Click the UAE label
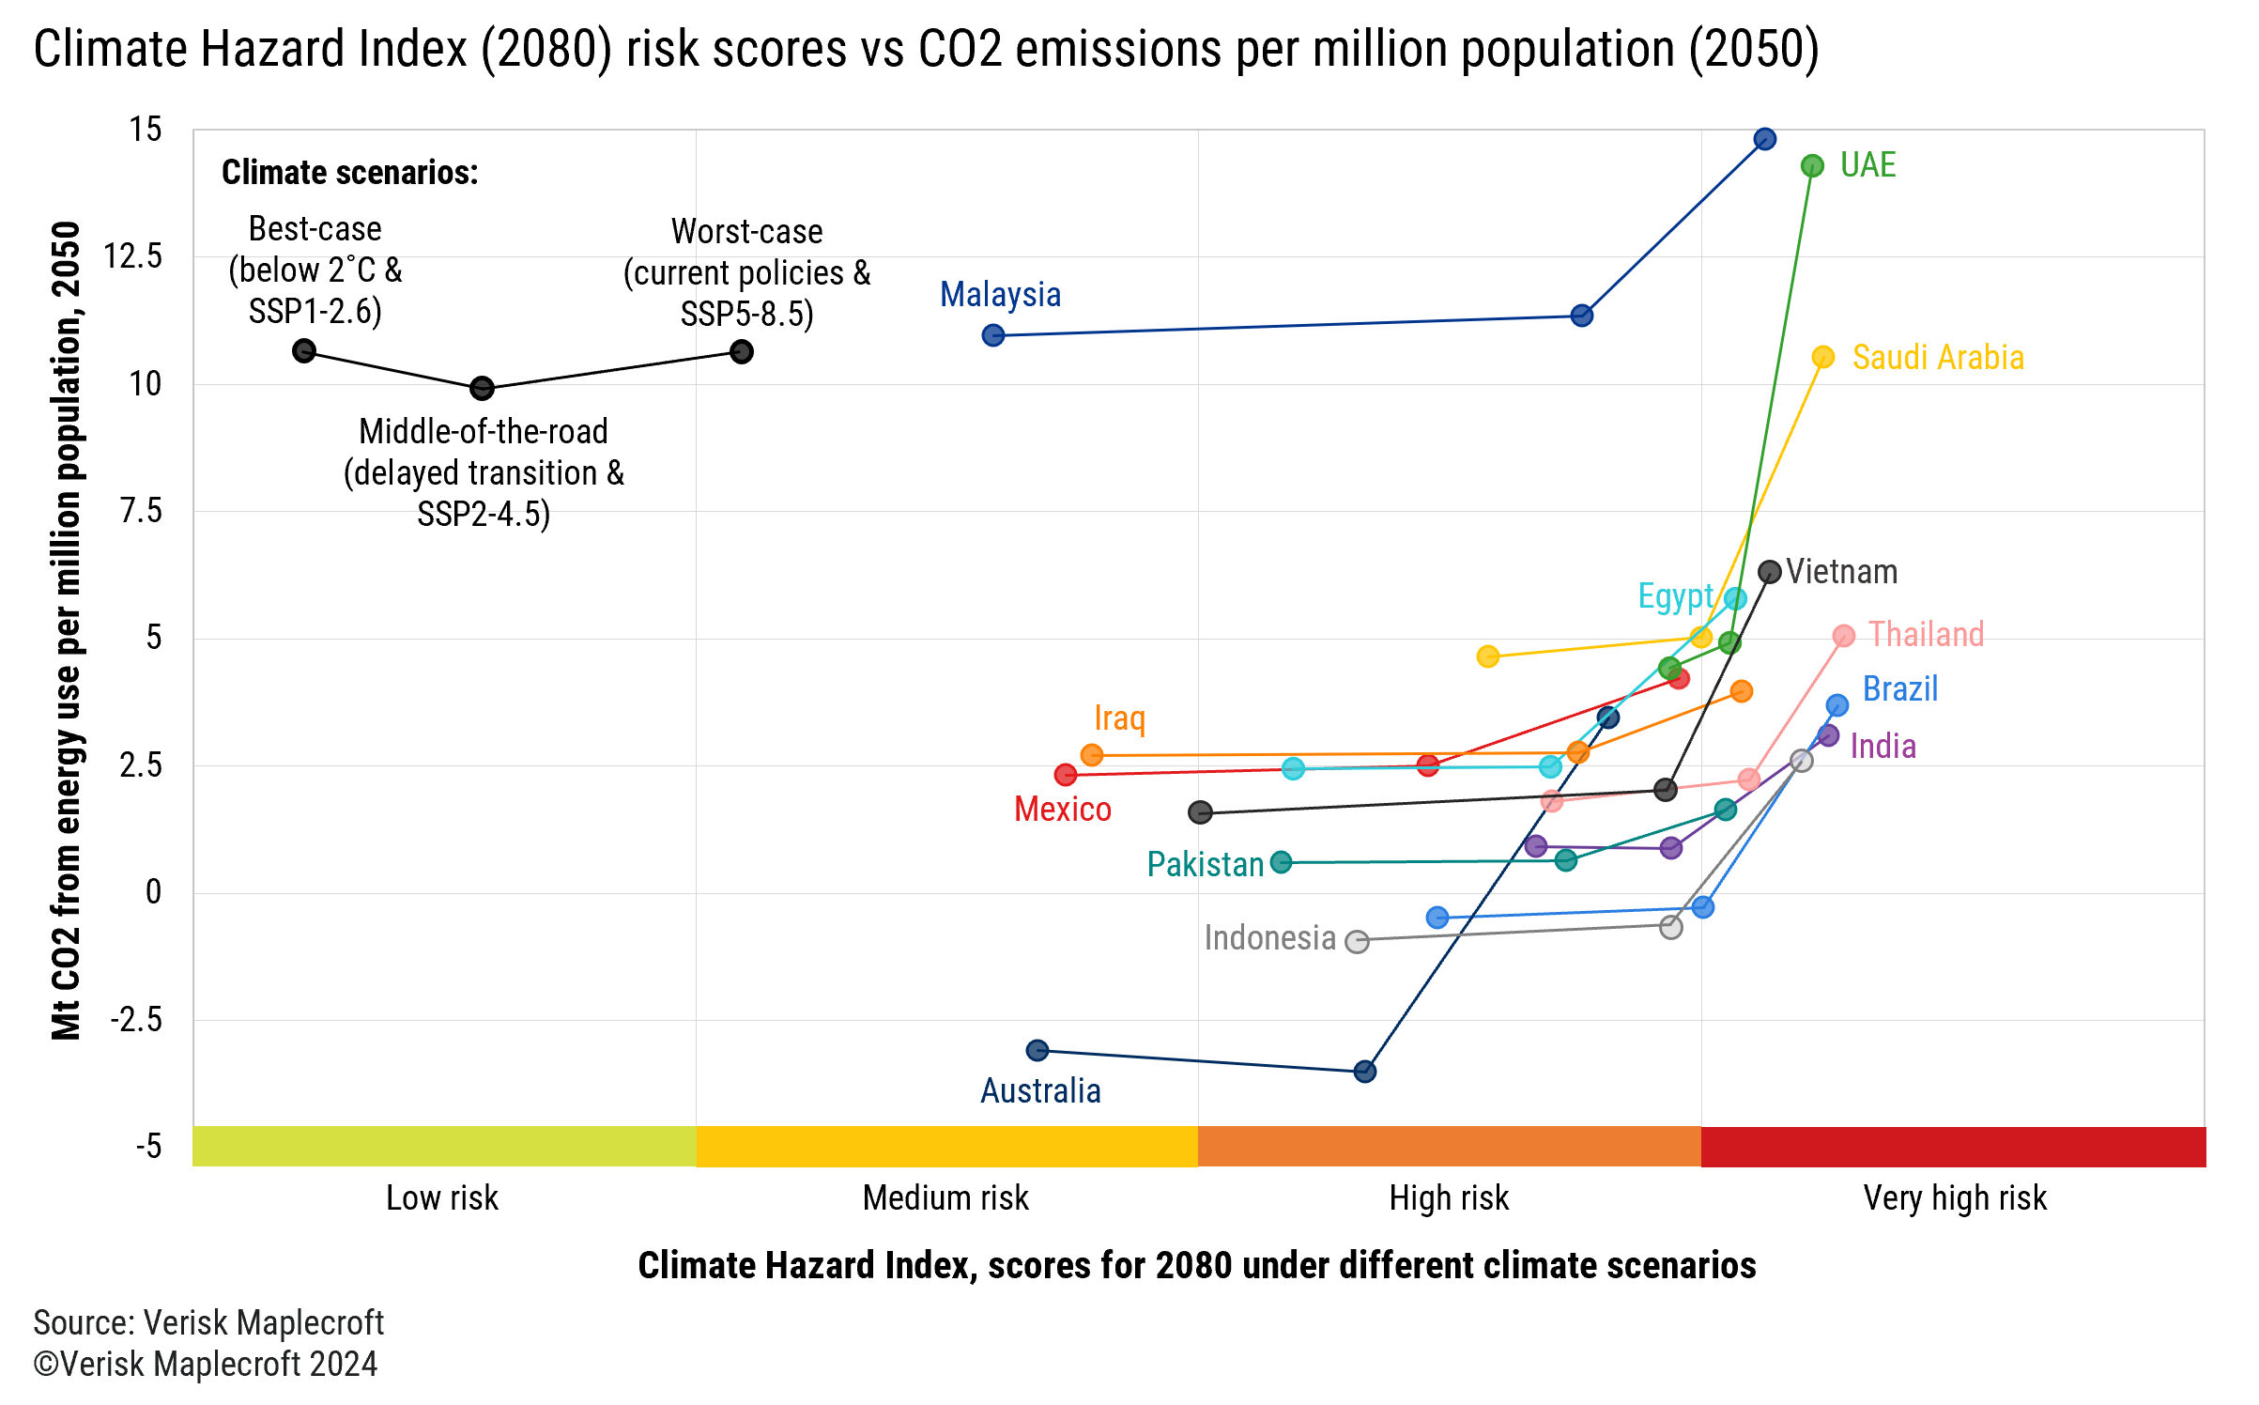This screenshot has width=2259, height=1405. pos(1867,165)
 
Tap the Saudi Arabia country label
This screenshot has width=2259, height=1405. pos(1937,358)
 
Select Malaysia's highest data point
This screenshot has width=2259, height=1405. pos(1764,139)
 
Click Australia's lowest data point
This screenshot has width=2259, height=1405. pos(1364,1072)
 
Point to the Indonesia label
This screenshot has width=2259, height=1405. pos(1269,938)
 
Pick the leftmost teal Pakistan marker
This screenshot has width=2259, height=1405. pos(1281,862)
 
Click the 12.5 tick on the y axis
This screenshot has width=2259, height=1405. pos(132,256)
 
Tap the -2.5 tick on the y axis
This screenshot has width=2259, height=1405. pos(136,1020)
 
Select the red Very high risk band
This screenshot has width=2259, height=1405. pos(1953,1147)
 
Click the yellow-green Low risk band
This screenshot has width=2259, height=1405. pos(444,1147)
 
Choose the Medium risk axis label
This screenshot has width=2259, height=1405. pos(945,1198)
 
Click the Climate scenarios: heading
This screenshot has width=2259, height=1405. pos(349,173)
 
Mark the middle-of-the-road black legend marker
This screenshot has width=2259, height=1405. pos(482,388)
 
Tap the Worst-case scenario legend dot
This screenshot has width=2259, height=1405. pos(741,352)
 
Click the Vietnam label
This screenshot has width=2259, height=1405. pos(1841,572)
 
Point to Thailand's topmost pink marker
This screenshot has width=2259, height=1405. pos(1843,636)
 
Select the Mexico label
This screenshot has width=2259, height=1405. pos(1062,810)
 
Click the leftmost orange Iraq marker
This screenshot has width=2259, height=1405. pos(1091,755)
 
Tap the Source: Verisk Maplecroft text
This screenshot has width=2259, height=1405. pos(208,1322)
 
